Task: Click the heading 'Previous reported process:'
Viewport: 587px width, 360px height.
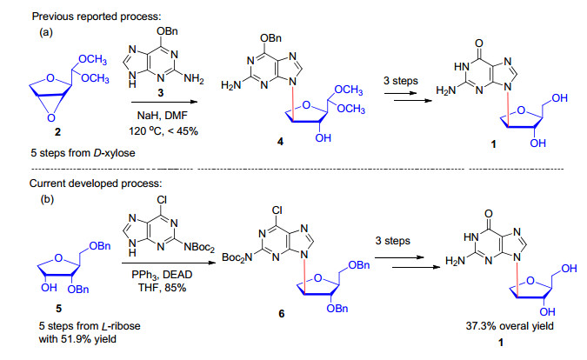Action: click(x=97, y=17)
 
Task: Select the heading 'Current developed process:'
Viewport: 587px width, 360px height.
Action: click(x=96, y=183)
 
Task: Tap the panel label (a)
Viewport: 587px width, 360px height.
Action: click(x=46, y=32)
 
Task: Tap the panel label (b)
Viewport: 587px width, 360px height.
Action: click(x=47, y=199)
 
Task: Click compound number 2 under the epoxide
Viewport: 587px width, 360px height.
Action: click(x=57, y=131)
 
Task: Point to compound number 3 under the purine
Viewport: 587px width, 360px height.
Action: click(x=161, y=92)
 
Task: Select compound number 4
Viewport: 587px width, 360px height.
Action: click(x=280, y=142)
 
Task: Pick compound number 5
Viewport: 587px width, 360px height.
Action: click(x=59, y=309)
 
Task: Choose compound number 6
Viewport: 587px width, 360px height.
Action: click(x=282, y=314)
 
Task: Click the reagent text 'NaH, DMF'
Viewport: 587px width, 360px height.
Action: click(x=162, y=116)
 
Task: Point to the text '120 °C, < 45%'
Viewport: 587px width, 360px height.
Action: click(x=163, y=131)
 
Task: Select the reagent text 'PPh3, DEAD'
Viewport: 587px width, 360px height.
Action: click(x=162, y=275)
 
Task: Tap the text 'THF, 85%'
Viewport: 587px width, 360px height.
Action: click(x=163, y=288)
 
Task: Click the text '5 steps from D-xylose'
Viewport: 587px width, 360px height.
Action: click(x=83, y=153)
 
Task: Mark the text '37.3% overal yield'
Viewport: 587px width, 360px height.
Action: click(x=510, y=326)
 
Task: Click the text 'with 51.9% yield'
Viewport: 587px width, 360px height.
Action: click(x=77, y=339)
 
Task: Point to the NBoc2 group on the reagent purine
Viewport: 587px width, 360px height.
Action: click(x=199, y=247)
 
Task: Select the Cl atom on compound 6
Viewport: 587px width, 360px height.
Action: click(x=277, y=210)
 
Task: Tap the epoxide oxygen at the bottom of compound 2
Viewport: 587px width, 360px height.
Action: click(x=51, y=118)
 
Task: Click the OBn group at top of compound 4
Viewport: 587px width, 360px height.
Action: click(x=270, y=37)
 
